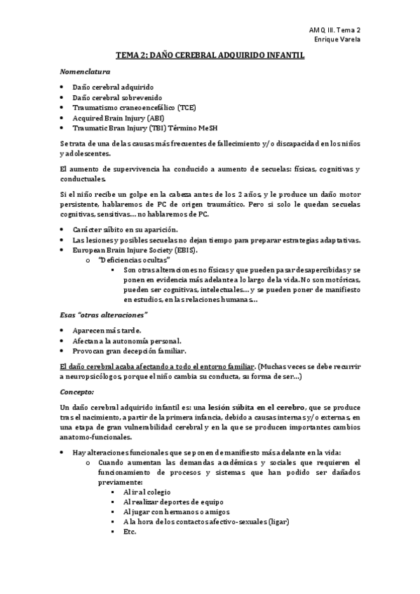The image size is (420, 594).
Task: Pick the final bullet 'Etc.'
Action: (x=129, y=532)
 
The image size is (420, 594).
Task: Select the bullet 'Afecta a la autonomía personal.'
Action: (x=127, y=340)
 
